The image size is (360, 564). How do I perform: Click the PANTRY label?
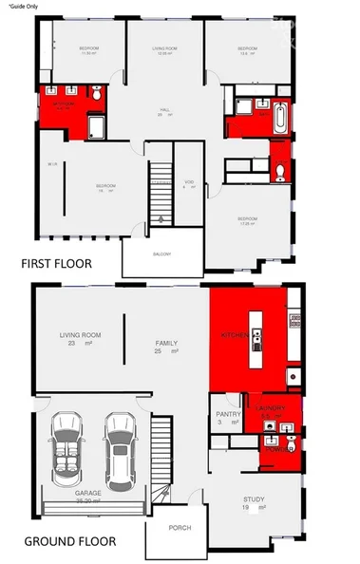point(227,414)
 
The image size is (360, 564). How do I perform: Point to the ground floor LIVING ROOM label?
point(81,334)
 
